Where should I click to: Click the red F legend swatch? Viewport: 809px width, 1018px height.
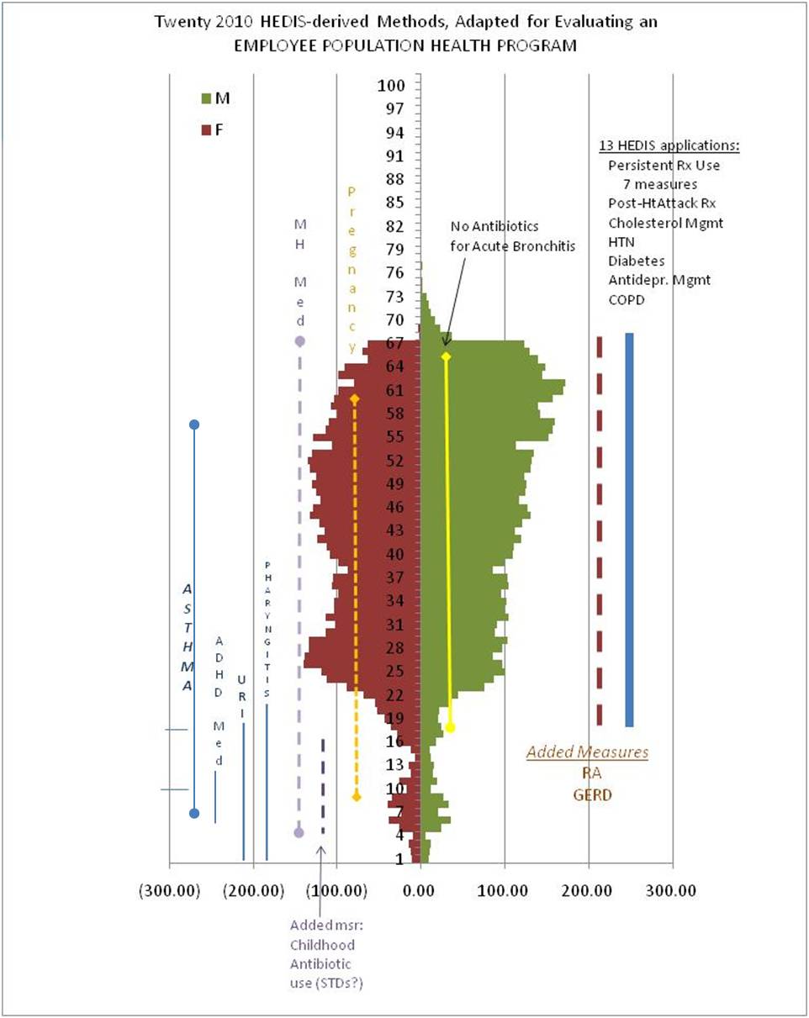pyautogui.click(x=206, y=130)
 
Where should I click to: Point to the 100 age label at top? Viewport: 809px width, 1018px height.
pyautogui.click(x=392, y=86)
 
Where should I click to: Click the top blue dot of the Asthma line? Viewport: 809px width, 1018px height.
pyautogui.click(x=194, y=425)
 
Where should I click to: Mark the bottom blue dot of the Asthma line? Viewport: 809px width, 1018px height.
pyautogui.click(x=194, y=813)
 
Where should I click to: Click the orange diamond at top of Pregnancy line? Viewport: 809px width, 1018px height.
pyautogui.click(x=355, y=398)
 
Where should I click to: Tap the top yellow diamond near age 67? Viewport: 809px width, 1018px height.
pyautogui.click(x=447, y=357)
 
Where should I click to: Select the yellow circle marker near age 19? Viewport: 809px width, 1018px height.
pyautogui.click(x=450, y=727)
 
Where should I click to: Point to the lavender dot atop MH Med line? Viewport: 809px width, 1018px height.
pyautogui.click(x=299, y=340)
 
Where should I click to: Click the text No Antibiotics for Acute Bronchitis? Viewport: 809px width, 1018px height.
pyautogui.click(x=494, y=235)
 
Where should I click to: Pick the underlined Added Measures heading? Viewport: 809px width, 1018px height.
pyautogui.click(x=588, y=752)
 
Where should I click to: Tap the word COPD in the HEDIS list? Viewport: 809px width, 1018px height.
pyautogui.click(x=627, y=298)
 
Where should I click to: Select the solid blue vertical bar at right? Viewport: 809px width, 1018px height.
pyautogui.click(x=629, y=530)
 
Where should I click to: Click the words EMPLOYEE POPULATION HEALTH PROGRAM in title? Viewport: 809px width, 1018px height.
pyautogui.click(x=405, y=46)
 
